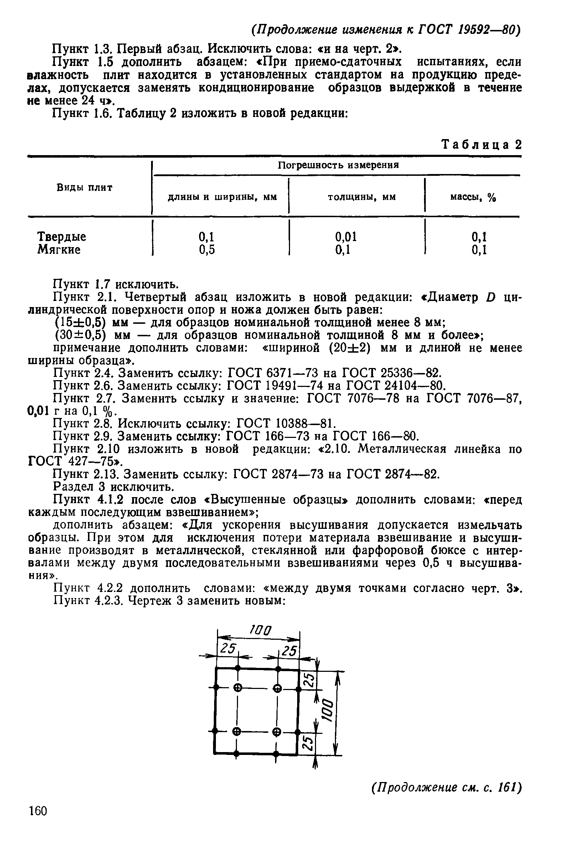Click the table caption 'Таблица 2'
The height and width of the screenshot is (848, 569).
click(482, 145)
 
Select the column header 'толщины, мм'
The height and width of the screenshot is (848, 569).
click(361, 197)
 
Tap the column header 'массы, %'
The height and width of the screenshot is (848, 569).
click(473, 197)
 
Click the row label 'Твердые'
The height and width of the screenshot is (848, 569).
click(62, 237)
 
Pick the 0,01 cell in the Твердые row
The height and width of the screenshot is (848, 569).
click(346, 237)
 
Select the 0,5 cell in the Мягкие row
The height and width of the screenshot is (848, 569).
click(207, 250)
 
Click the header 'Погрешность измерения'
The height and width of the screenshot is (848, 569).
click(338, 165)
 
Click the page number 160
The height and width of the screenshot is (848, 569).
click(38, 811)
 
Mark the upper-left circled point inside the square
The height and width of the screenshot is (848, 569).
click(238, 687)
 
